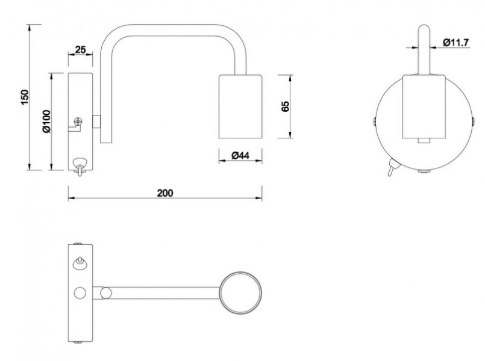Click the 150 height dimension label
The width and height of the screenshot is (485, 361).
coord(25,97)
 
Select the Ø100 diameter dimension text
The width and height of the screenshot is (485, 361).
coord(46,122)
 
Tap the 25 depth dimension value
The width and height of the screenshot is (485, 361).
coord(80,50)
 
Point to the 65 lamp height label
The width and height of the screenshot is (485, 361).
coord(285,106)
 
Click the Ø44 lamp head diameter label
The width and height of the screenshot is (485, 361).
coord(240,155)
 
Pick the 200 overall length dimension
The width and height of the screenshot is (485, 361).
coord(165,193)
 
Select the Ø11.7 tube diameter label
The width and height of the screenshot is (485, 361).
coord(455,42)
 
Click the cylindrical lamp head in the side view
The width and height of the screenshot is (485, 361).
coord(240,106)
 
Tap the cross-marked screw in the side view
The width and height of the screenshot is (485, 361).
coord(78,122)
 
